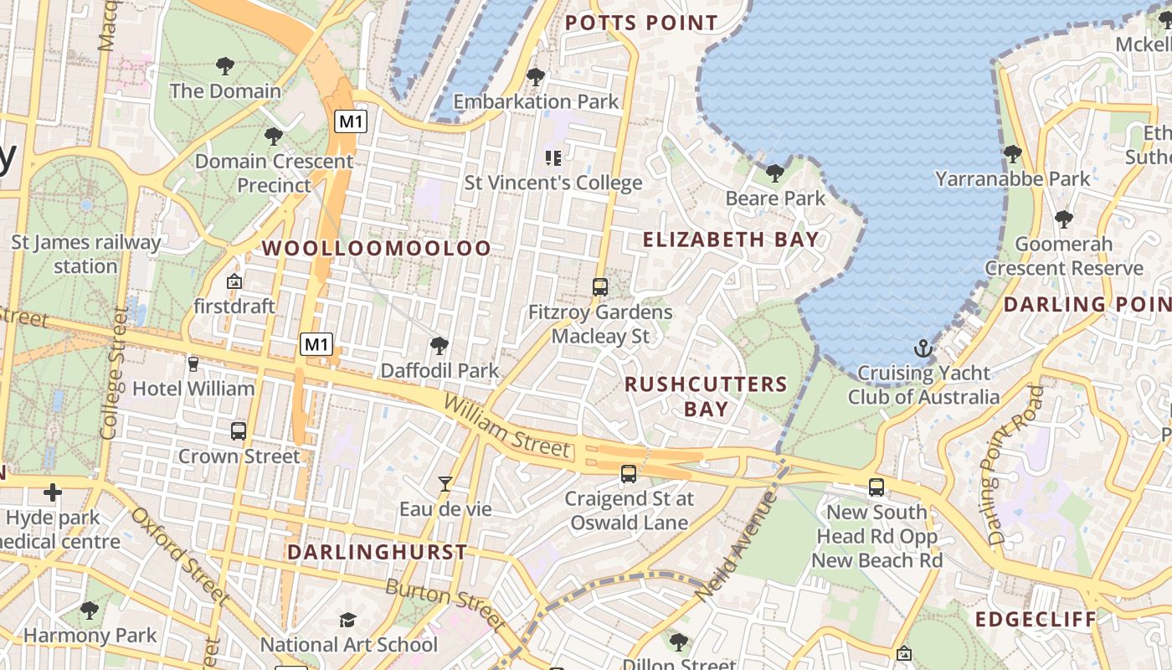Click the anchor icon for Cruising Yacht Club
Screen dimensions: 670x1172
point(923,348)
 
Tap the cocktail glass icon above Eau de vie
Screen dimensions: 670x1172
point(445,484)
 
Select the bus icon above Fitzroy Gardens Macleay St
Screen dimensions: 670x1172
point(599,287)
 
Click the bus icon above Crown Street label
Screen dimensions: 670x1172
point(239,431)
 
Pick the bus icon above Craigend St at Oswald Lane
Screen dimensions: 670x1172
point(628,474)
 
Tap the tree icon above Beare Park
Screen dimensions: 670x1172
point(775,173)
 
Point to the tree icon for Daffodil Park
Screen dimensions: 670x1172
point(439,346)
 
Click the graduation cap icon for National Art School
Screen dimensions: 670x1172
point(347,620)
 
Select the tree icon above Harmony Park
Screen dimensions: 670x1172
point(90,611)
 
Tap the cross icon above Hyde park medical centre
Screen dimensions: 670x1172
point(53,492)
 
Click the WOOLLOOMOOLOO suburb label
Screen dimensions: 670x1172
point(376,248)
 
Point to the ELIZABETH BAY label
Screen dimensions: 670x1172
point(731,240)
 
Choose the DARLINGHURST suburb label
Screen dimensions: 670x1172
point(377,552)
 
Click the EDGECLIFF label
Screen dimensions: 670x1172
point(1036,620)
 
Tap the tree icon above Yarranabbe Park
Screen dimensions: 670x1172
point(1012,154)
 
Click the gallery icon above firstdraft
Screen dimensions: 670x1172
point(234,281)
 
